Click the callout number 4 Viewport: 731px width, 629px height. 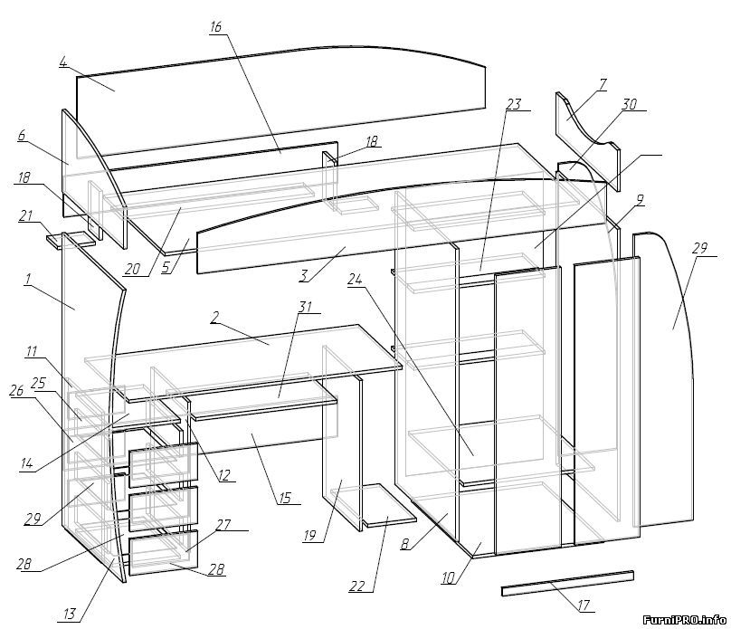pos(63,62)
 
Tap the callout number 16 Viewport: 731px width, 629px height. pos(215,27)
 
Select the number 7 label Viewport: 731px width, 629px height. pos(603,85)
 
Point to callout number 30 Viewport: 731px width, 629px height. pos(630,104)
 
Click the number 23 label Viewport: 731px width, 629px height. pos(513,104)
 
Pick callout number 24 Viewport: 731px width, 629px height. pos(355,280)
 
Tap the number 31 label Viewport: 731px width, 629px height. pos(305,308)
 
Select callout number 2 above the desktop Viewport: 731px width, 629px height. pos(214,318)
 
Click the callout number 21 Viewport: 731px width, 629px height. pos(26,216)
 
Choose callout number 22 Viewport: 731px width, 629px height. pos(357,586)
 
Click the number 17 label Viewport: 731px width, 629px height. pos(584,605)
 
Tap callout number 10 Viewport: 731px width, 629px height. pos(449,578)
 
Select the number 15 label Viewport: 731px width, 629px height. pos(285,498)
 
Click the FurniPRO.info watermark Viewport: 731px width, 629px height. pos(684,620)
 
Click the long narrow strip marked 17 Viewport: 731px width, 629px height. pos(567,584)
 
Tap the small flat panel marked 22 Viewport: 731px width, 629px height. pos(390,505)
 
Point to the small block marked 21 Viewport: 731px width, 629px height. pos(71,240)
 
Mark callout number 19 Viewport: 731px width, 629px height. pos(310,536)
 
